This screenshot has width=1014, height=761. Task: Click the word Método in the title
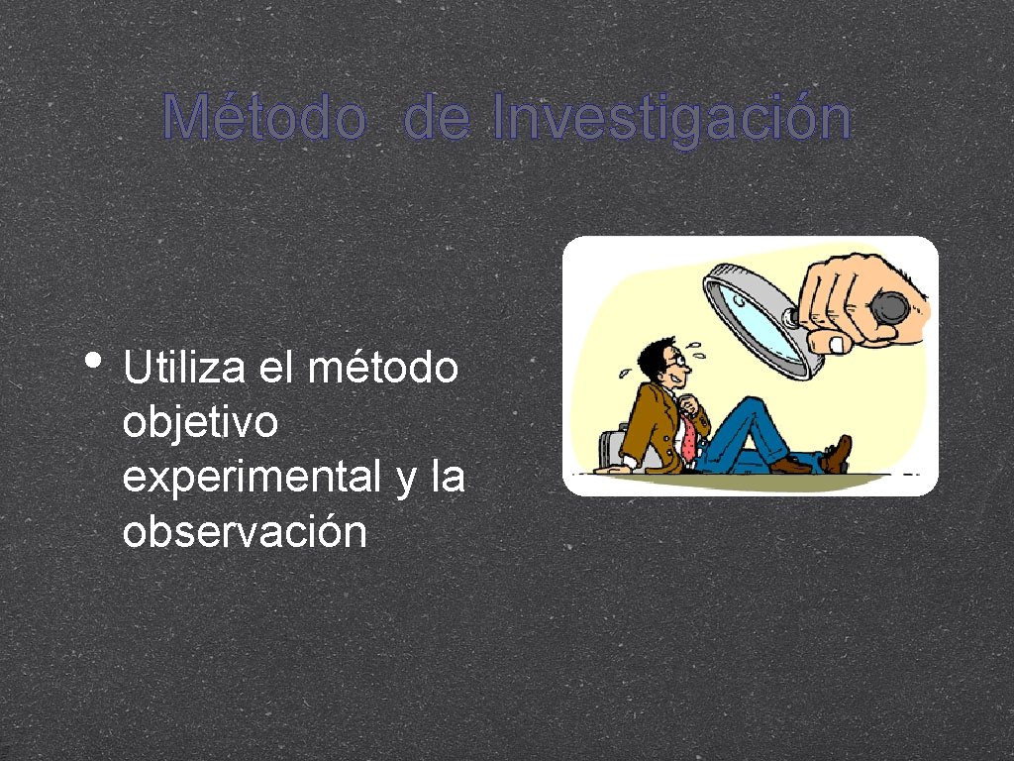[263, 119]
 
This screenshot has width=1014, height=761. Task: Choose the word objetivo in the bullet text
[200, 424]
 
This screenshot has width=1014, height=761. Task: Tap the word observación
[245, 532]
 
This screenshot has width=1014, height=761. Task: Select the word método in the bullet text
[383, 368]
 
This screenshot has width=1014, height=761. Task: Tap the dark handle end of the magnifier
[889, 306]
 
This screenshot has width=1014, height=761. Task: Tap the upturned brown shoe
[838, 454]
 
